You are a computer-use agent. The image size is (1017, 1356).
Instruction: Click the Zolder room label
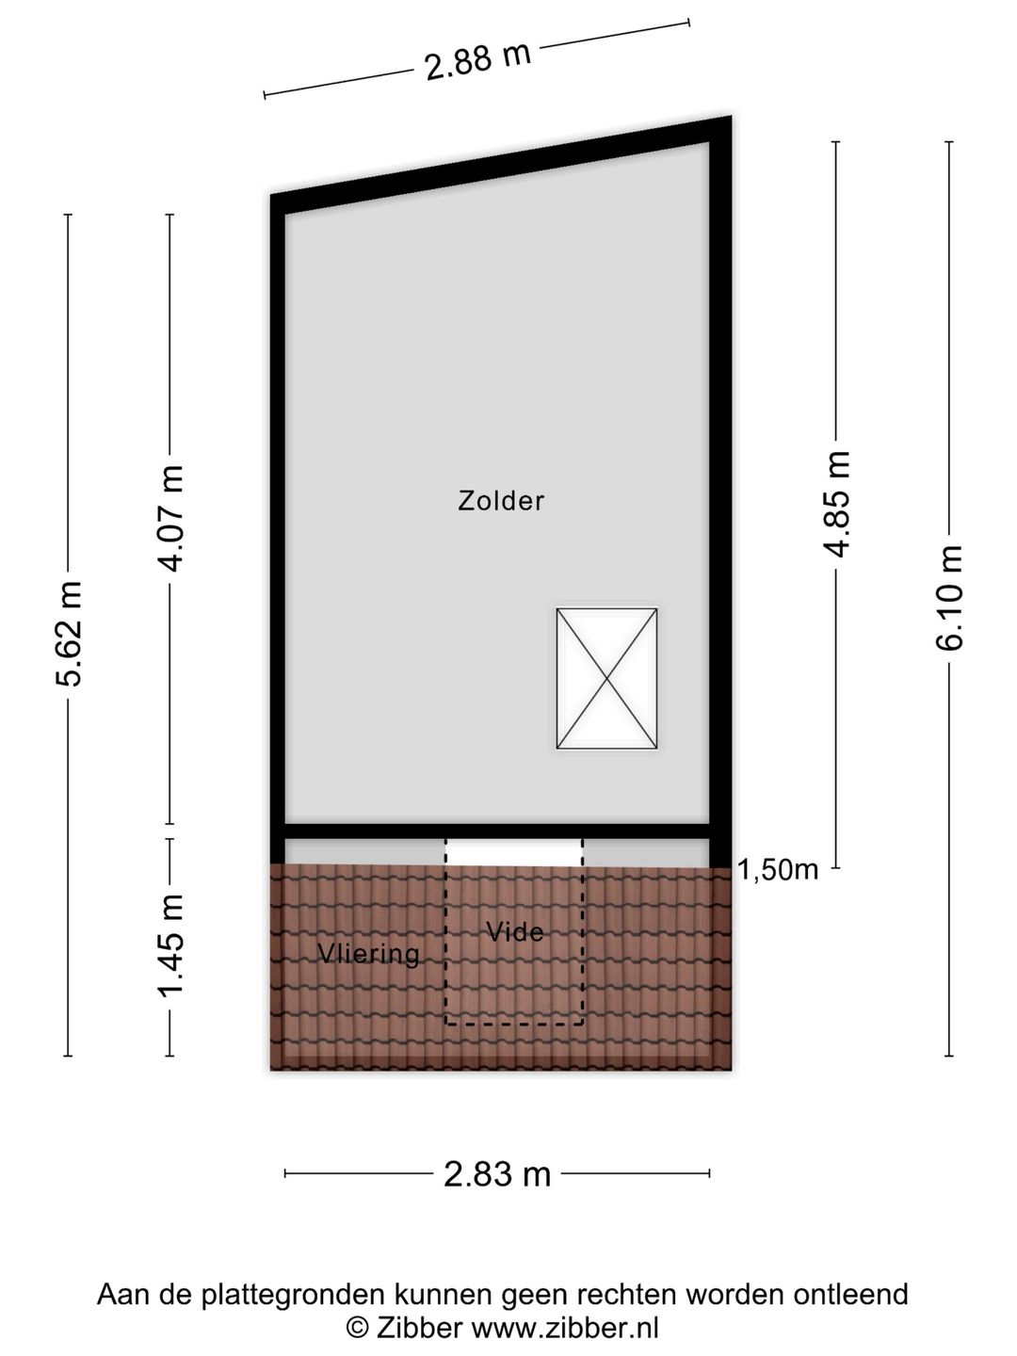501,501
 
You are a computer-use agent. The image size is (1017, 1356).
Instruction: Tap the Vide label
515,932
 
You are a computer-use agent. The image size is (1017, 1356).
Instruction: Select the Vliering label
368,954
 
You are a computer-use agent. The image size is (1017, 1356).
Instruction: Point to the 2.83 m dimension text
497,1173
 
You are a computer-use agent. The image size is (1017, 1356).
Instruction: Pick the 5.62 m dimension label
69,635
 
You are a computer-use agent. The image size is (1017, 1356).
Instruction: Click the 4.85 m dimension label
838,505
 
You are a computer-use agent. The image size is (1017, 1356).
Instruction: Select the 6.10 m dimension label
950,598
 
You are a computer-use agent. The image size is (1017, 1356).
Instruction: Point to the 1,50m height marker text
778,870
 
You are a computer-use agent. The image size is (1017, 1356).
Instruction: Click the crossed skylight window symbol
606,678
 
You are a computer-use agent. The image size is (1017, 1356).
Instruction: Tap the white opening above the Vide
514,852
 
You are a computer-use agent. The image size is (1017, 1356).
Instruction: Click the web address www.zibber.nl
566,1327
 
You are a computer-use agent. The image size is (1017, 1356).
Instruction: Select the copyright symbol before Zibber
355,1327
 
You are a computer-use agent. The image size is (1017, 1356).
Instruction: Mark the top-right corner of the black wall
732,116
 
